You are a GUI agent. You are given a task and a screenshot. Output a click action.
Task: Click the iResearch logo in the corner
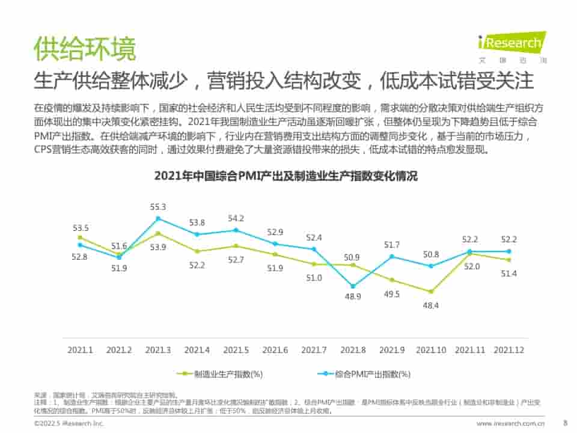point(512,46)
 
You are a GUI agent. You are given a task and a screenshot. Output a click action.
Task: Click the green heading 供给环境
point(85,49)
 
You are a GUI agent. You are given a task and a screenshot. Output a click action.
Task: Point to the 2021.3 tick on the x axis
point(158,349)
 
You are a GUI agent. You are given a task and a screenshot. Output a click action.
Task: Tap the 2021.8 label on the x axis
point(353,349)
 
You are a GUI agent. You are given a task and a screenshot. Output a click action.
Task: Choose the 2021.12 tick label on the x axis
point(508,349)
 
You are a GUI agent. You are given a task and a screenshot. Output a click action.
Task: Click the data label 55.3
point(158,207)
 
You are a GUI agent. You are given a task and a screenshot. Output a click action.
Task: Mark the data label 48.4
point(431,306)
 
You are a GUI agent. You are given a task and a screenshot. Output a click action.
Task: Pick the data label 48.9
point(353,297)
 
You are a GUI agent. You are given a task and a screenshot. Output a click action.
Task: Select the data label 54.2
point(236,218)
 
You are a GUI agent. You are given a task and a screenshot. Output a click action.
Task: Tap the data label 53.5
point(81,228)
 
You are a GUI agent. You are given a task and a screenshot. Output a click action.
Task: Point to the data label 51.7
point(392,245)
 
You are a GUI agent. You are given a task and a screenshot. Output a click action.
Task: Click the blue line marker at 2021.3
point(158,218)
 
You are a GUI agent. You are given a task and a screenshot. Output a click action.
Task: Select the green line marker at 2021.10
point(431,292)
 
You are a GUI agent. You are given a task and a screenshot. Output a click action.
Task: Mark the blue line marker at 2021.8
point(353,286)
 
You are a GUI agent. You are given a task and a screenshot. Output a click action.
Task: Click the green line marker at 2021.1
point(80,238)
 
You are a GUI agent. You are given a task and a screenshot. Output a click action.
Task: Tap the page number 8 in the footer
point(564,423)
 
